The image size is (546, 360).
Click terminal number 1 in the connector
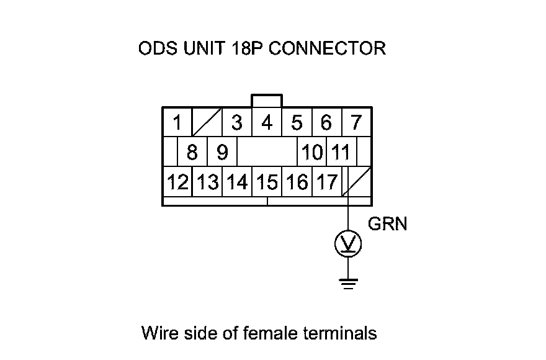pos(177,123)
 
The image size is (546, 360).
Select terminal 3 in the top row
pos(236,123)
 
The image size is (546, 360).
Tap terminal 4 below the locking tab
pos(267,123)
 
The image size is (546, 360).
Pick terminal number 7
pos(356,123)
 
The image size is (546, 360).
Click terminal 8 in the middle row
pos(192,152)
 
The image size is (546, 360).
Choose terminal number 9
pos(222,152)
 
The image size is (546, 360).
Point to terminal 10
pos(313,152)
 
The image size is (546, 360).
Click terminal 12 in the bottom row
pos(177,182)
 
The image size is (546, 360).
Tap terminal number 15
pos(267,182)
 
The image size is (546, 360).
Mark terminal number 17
pos(326,182)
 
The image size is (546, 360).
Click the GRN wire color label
pos(388,223)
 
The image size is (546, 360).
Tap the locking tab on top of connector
pos(267,101)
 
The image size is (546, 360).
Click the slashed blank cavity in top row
pos(207,123)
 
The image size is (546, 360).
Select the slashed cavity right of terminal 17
pos(357,182)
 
